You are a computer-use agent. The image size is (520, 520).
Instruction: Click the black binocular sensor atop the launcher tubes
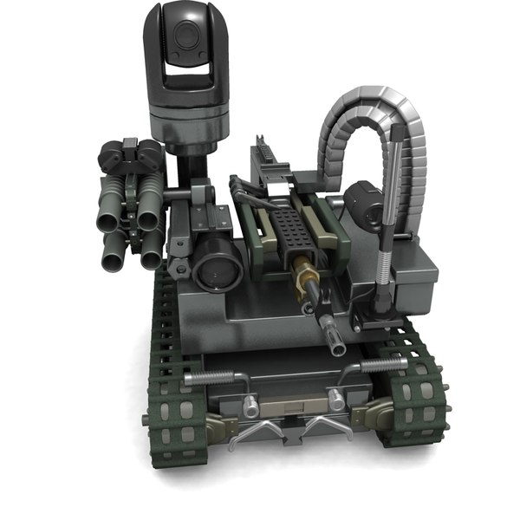[130, 156]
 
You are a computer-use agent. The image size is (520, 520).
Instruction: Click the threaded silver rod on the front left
[211, 376]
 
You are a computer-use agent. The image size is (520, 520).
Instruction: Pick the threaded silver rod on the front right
[382, 365]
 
